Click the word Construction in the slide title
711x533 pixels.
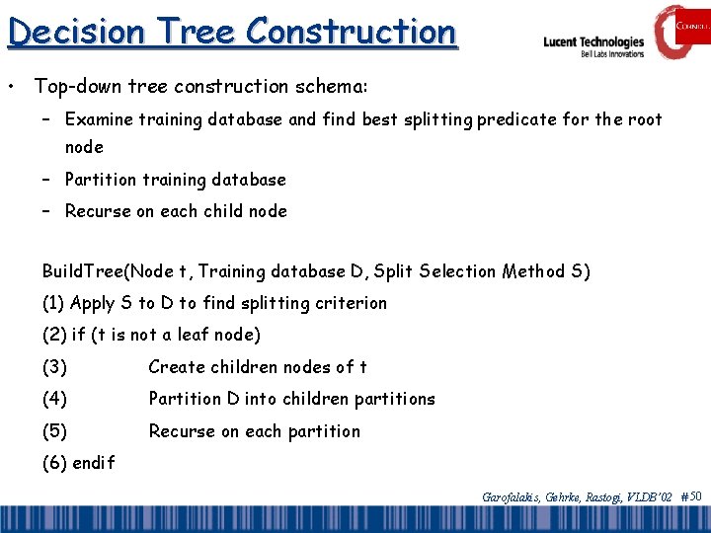[x=351, y=32]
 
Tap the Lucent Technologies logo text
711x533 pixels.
[x=592, y=42]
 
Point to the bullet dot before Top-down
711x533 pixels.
[x=11, y=87]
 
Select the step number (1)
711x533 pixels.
[x=54, y=303]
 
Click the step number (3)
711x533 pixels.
[x=54, y=367]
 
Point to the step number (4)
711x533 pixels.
[x=54, y=399]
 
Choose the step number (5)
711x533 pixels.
[x=54, y=431]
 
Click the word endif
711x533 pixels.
[x=93, y=462]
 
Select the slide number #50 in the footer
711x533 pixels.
[x=691, y=495]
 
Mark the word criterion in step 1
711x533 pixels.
[x=351, y=303]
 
